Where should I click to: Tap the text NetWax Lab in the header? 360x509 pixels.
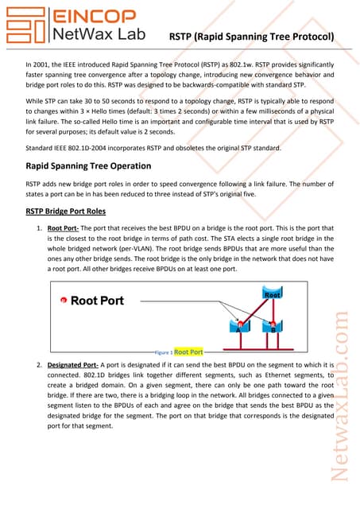click(96, 34)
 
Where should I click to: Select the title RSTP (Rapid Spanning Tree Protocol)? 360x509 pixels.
click(252, 37)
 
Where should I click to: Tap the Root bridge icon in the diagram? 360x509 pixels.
click(273, 296)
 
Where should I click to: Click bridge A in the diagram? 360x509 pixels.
click(238, 328)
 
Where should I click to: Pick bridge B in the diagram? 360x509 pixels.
click(273, 328)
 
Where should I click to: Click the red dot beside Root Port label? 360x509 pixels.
click(63, 301)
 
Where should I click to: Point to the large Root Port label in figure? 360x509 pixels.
click(97, 301)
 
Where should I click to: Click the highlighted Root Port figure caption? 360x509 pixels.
click(188, 351)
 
